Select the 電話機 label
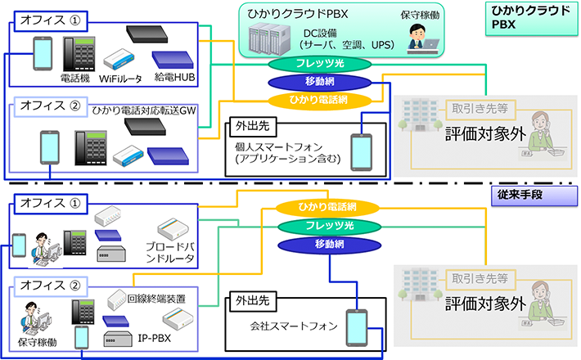[x=75, y=79]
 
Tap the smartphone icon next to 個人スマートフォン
[x=362, y=150]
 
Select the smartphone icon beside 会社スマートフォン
[x=356, y=327]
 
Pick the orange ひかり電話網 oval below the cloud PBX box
[x=308, y=99]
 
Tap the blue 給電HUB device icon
[x=173, y=59]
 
